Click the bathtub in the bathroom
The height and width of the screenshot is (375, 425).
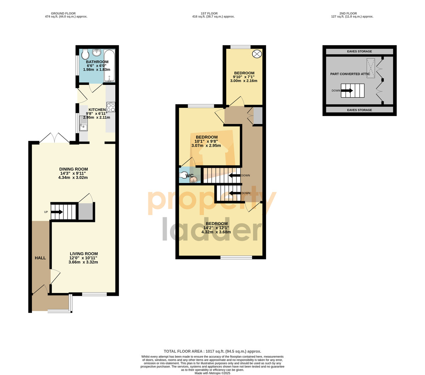(109, 65)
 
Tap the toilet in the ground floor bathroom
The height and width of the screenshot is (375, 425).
(85, 54)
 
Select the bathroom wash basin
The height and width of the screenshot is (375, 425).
(97, 52)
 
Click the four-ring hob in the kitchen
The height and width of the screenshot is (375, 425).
(110, 107)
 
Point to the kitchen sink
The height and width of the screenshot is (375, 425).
(84, 123)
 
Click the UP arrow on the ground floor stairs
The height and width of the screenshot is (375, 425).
(57, 212)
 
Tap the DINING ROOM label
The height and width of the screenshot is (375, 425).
(73, 169)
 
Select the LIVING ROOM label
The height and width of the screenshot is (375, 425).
(84, 253)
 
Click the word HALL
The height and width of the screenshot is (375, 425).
(40, 258)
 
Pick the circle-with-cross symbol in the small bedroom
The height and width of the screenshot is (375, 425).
(257, 54)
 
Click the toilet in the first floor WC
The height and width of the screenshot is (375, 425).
(183, 175)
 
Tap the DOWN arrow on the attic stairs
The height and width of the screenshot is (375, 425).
(347, 91)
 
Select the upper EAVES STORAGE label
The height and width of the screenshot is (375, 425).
(359, 51)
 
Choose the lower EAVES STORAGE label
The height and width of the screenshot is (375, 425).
(359, 110)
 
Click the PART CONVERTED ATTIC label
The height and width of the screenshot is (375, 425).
(350, 74)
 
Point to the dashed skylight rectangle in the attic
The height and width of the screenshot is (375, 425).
(371, 68)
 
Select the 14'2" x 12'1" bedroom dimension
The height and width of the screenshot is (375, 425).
(216, 228)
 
